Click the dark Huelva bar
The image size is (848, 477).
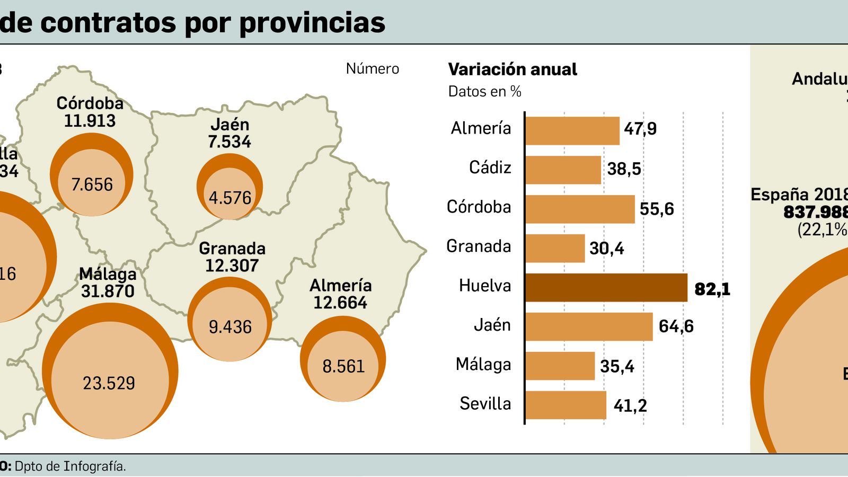tap(606, 288)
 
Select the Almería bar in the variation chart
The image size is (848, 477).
tap(572, 131)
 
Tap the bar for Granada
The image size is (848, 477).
tap(555, 249)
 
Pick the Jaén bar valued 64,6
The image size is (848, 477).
tap(589, 326)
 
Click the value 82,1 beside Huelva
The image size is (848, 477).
tap(712, 289)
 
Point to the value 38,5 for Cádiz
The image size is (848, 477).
tap(624, 169)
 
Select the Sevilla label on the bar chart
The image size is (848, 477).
tap(485, 404)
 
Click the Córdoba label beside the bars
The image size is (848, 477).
tap(479, 207)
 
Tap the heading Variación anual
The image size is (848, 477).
tap(512, 69)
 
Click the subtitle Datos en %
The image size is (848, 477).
tap(484, 92)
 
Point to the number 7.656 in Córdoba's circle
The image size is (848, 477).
tap(92, 184)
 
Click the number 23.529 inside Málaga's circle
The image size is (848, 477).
tap(109, 383)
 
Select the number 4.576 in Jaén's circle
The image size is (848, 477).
tap(230, 198)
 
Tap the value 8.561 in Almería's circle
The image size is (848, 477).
tap(343, 366)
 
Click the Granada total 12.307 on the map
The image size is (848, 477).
tap(232, 266)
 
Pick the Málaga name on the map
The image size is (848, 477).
tap(108, 274)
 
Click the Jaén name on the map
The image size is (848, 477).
tap(229, 125)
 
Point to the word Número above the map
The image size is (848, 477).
tap(372, 69)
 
